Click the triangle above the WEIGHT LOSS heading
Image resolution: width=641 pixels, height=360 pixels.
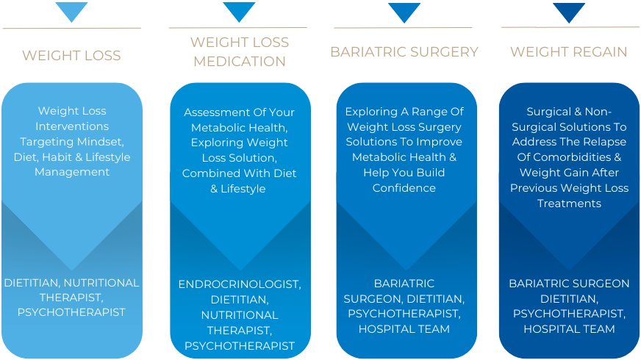(71, 10)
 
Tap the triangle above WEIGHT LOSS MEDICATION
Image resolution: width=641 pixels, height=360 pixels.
(239, 10)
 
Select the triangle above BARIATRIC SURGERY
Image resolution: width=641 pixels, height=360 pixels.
(404, 11)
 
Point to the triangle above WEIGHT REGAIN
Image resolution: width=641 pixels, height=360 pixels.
(569, 11)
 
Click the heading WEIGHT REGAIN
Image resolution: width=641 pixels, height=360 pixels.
(569, 52)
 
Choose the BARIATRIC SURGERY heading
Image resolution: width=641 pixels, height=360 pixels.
(404, 52)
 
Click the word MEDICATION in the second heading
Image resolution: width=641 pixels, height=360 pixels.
(240, 62)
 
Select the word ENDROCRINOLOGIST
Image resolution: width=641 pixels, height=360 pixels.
(240, 284)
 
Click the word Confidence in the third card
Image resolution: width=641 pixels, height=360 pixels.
(404, 188)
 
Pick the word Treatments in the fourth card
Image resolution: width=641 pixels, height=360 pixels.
(569, 204)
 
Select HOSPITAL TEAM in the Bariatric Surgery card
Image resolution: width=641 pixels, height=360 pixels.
(404, 330)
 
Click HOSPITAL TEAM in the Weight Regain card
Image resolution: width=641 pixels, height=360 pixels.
(569, 330)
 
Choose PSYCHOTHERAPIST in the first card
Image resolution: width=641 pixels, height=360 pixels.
(71, 313)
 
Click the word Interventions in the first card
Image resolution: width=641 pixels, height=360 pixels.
(72, 126)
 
